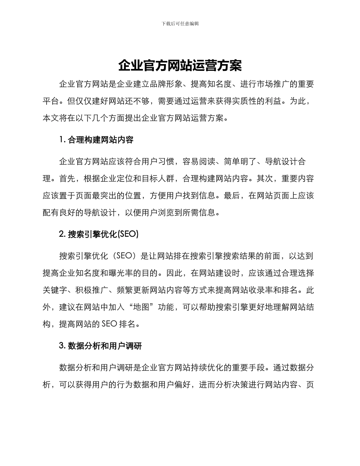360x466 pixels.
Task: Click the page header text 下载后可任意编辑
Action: pyautogui.click(x=180, y=23)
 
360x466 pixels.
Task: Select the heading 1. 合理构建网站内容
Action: pyautogui.click(x=96, y=140)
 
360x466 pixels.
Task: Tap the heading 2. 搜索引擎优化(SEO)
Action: pyautogui.click(x=99, y=234)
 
